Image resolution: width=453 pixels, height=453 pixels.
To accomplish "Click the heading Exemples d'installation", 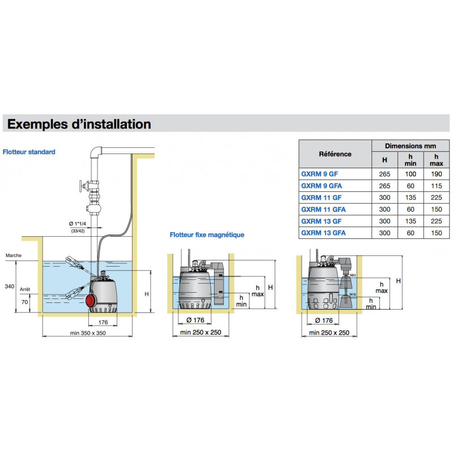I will [x=79, y=123].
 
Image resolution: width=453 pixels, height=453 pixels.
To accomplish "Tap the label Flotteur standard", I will [x=29, y=152].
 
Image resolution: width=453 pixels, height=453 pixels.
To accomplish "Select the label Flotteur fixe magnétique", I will [x=207, y=235].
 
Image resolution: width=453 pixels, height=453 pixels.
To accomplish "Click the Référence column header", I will [x=335, y=154].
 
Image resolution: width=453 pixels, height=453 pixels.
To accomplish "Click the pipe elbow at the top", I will [x=97, y=152].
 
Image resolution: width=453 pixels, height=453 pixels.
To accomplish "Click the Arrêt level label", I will [x=24, y=289].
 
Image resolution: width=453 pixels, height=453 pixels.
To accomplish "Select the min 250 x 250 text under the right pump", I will [x=329, y=333].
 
